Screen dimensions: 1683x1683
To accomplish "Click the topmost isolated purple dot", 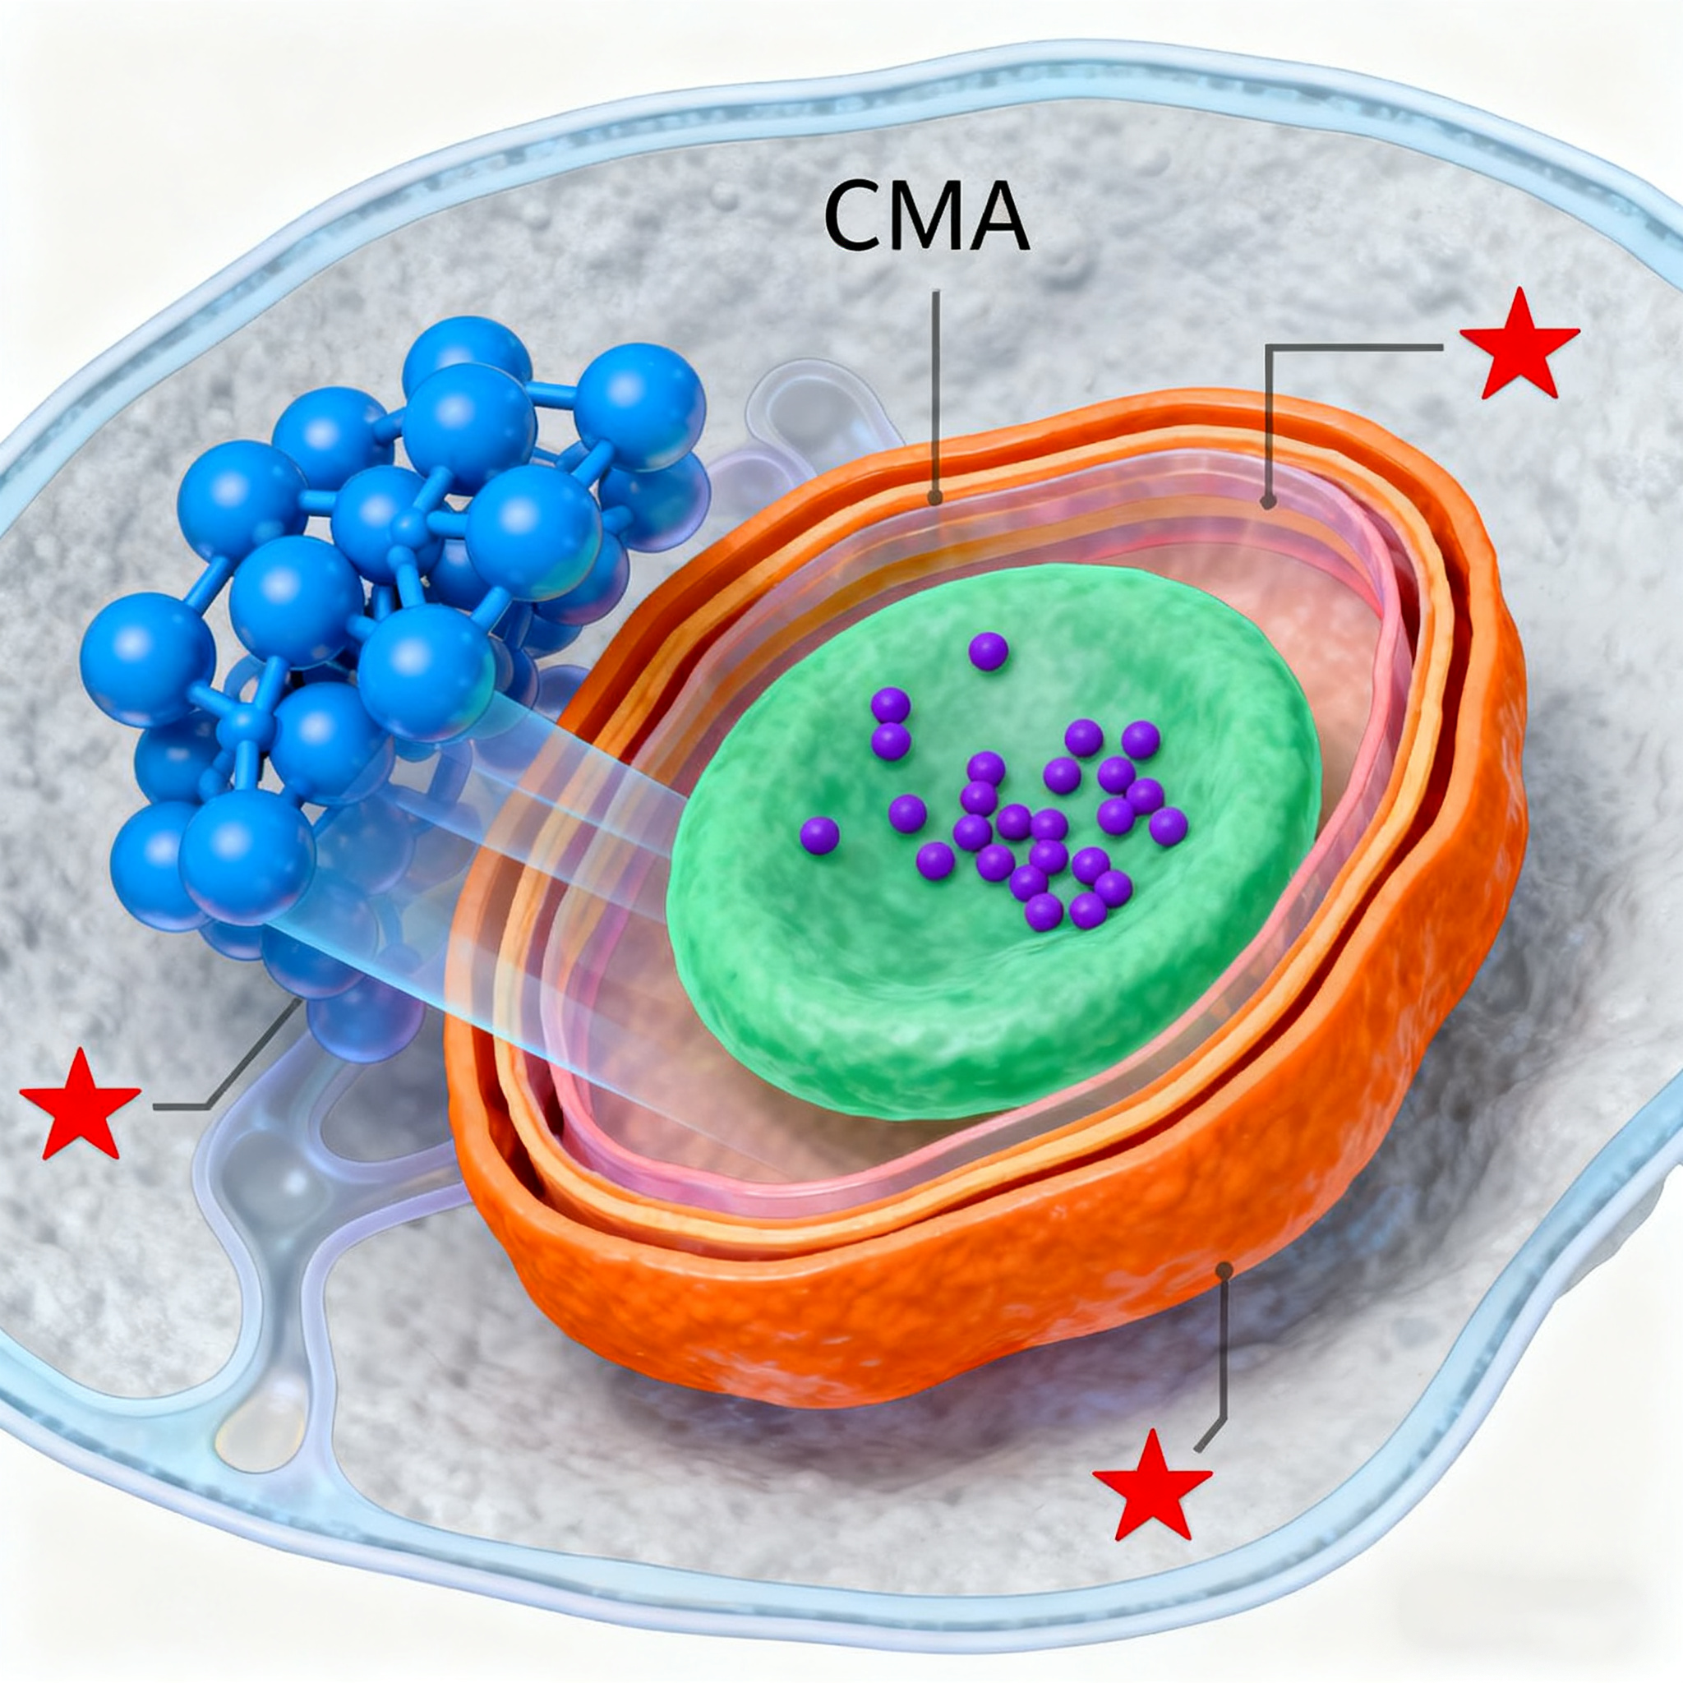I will pyautogui.click(x=988, y=651).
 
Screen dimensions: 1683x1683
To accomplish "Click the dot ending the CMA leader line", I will pyautogui.click(x=934, y=499).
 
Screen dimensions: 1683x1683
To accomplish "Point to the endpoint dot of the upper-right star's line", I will pyautogui.click(x=1268, y=502).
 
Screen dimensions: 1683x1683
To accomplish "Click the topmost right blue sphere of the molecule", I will pyautogui.click(x=639, y=394).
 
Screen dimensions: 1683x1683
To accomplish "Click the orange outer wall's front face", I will pyautogui.click(x=871, y=1307).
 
